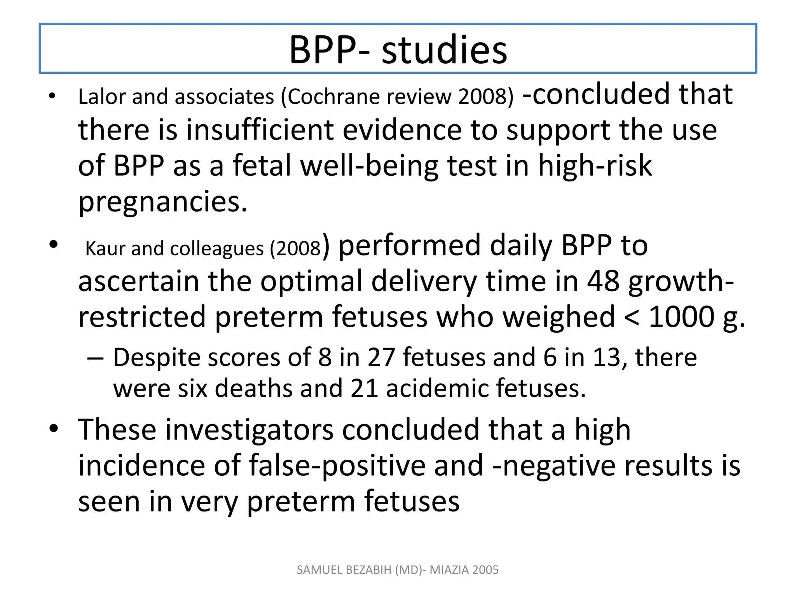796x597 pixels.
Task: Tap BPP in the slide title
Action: (x=323, y=51)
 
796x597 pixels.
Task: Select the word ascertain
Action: (x=138, y=281)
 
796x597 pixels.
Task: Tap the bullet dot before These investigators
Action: (x=54, y=429)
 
